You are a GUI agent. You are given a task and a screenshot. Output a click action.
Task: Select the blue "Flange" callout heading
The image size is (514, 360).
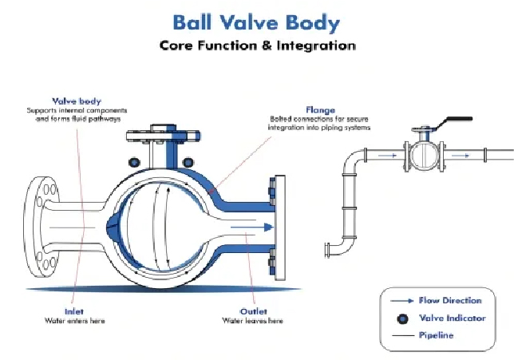[x=320, y=109]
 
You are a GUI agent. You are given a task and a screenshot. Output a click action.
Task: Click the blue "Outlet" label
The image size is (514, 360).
[x=254, y=311]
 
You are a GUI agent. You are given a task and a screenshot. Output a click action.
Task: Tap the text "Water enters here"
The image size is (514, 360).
[x=74, y=320]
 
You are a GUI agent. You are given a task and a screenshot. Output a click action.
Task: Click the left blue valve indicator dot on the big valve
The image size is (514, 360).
[x=134, y=162]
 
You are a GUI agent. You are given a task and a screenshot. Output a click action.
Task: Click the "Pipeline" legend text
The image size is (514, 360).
[x=437, y=335]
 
